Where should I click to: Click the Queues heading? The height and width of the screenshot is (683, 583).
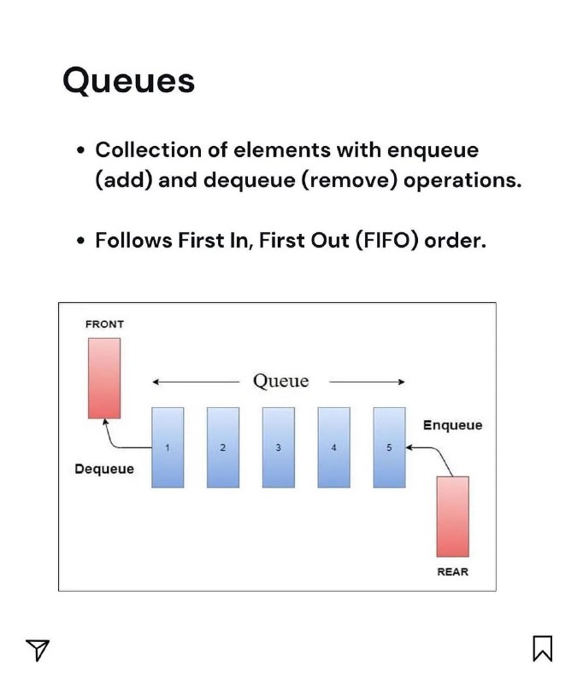[x=128, y=81]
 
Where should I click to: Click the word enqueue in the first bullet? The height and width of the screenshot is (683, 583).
[x=433, y=151]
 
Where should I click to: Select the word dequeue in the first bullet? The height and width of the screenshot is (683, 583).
[x=249, y=180]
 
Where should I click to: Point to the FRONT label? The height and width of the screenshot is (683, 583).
[x=104, y=324]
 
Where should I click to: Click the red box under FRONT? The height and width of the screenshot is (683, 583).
[x=104, y=378]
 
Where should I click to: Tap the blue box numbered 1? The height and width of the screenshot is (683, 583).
[x=168, y=447]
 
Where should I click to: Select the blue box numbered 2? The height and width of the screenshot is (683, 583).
[x=223, y=447]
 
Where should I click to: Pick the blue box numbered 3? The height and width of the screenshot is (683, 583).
[x=278, y=447]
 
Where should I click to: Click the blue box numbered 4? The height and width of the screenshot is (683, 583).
[x=333, y=447]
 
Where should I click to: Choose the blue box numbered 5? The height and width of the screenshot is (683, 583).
[x=389, y=447]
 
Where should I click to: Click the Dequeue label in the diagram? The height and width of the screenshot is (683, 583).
[x=104, y=469]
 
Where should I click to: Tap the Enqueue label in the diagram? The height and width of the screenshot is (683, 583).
[x=452, y=425]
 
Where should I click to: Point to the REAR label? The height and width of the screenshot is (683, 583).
[x=452, y=571]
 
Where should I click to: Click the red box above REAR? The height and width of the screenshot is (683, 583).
[x=452, y=517]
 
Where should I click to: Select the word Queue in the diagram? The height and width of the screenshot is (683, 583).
[x=281, y=381]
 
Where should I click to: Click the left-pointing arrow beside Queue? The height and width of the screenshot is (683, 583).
[x=196, y=382]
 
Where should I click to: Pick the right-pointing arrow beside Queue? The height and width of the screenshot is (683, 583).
[x=368, y=382]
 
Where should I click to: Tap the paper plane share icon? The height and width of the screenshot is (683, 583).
[x=38, y=650]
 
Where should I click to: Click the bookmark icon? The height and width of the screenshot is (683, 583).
[x=543, y=648]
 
